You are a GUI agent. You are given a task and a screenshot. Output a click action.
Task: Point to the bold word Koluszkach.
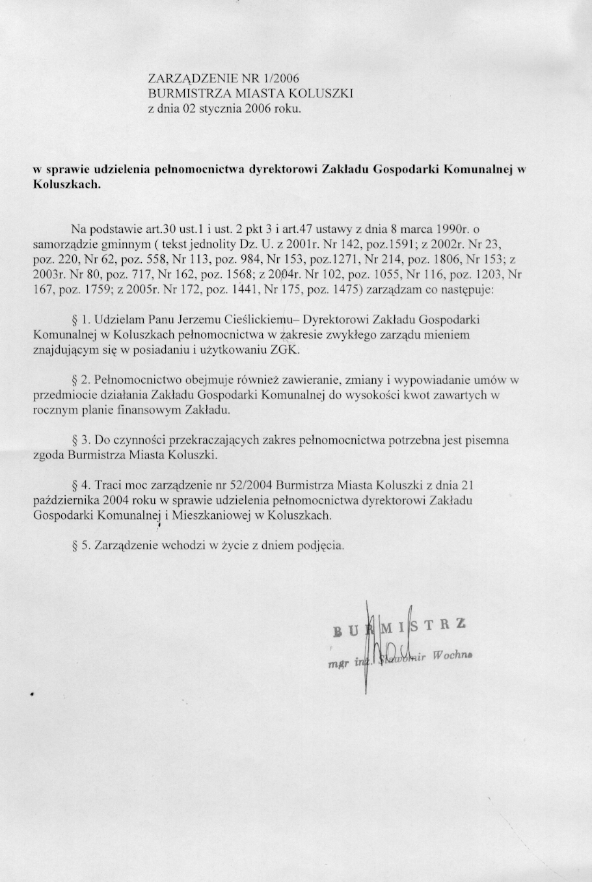coord(67,184)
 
